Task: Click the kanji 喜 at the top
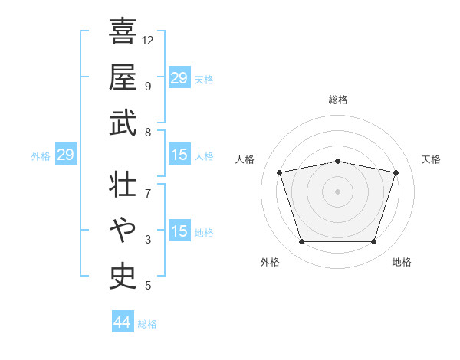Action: (x=123, y=31)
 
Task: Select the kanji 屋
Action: (x=123, y=77)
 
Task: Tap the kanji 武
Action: (x=123, y=123)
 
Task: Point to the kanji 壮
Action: (x=123, y=184)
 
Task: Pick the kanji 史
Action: (x=123, y=277)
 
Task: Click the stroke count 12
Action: (x=147, y=41)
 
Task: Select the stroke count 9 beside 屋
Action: (x=148, y=87)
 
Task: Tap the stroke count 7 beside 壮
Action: (x=148, y=194)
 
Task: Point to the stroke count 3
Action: (x=148, y=240)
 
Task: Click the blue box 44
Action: (x=123, y=321)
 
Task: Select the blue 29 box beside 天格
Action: (x=179, y=77)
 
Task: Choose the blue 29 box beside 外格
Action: (x=66, y=154)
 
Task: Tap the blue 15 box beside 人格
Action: (x=179, y=154)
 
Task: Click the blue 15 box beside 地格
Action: (x=179, y=230)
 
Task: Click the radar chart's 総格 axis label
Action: (x=338, y=100)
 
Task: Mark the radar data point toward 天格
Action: (x=396, y=172)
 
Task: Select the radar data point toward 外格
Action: (x=302, y=242)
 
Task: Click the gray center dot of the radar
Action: (x=337, y=191)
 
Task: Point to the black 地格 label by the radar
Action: (x=402, y=262)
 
